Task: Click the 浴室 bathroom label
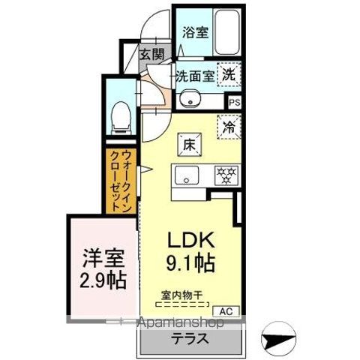(x=195, y=33)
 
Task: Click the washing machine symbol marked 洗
(x=229, y=75)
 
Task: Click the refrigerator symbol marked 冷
(x=229, y=127)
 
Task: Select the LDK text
(x=191, y=241)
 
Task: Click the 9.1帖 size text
(x=191, y=263)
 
